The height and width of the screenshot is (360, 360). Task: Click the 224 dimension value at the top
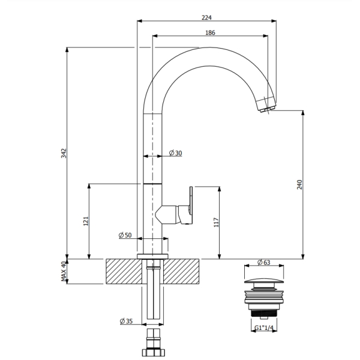pos(206,17)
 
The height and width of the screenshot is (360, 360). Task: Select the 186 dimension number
pos(210,32)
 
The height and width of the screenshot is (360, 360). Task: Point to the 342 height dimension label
pos(64,153)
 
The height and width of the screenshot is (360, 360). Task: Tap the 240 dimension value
pos(299,185)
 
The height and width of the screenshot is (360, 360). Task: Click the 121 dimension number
pos(86,221)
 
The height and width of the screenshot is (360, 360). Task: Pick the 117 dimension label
pos(216,223)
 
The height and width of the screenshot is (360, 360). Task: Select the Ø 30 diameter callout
pos(175,153)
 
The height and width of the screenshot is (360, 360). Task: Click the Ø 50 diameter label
pos(125,235)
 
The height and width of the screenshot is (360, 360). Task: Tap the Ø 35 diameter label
pos(126,321)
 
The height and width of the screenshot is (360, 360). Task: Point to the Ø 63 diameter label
pos(264,262)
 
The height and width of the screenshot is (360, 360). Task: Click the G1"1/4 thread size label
pos(264,328)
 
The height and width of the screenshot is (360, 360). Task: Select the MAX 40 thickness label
pos(64,271)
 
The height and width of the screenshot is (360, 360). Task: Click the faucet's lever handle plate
pos(191,200)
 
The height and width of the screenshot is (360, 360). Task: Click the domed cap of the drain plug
pos(264,281)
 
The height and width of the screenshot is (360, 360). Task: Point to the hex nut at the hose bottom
pos(154,352)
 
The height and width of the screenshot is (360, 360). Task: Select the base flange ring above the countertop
pos(152,256)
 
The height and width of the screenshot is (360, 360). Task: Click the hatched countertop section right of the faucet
pos(181,271)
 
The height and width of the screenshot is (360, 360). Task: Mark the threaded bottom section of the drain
pos(264,313)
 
